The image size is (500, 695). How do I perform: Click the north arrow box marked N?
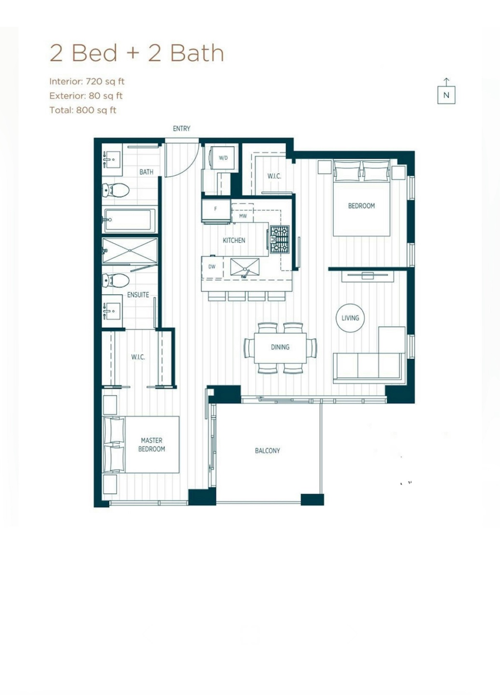(x=446, y=95)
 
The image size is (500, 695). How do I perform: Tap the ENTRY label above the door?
(x=182, y=128)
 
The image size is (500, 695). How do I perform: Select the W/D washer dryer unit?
(x=223, y=158)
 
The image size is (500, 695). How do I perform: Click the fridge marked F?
(x=216, y=210)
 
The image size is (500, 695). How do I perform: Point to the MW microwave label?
(x=243, y=216)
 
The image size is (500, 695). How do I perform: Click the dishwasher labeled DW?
(x=213, y=266)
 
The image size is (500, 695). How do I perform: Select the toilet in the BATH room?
(x=116, y=190)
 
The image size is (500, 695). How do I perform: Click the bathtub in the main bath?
(x=129, y=220)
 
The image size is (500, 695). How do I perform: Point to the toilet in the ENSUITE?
(x=116, y=280)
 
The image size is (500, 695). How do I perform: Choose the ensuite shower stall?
(x=130, y=251)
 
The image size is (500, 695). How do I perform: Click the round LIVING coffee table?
(x=350, y=318)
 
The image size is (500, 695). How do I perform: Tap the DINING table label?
(x=280, y=347)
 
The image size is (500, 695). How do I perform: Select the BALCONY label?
(x=268, y=451)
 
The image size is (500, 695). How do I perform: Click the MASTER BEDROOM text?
(x=152, y=445)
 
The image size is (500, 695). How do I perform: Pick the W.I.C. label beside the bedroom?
(x=274, y=176)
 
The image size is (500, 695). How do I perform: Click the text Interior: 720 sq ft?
(x=87, y=82)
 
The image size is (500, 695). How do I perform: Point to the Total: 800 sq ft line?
(x=83, y=110)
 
